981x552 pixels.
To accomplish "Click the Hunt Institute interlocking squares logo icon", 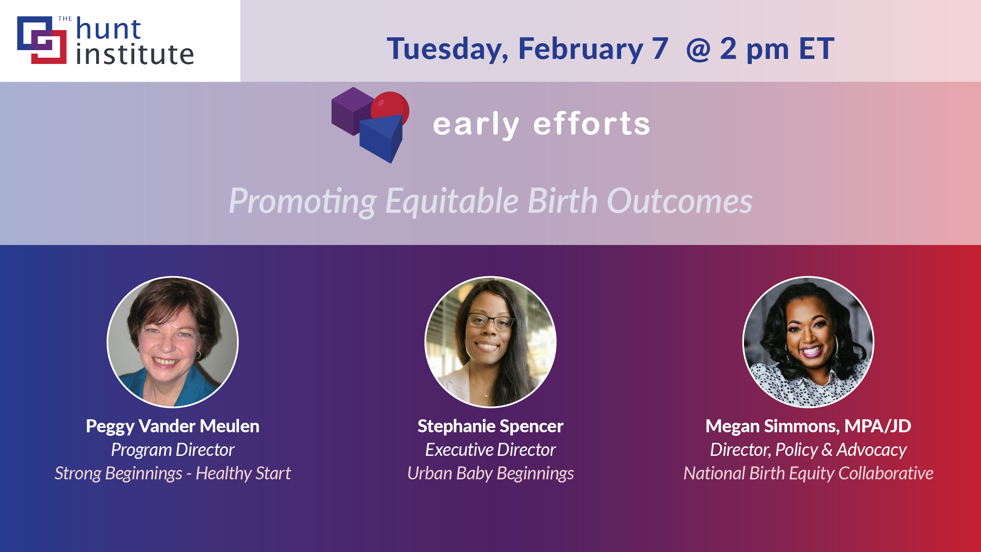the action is [x=42, y=40].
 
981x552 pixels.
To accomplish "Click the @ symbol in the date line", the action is [x=698, y=49].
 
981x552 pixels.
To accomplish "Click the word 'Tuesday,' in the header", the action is [x=448, y=49].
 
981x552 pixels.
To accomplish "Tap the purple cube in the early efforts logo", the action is [x=352, y=111].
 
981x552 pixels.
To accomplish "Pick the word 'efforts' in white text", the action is [x=591, y=124].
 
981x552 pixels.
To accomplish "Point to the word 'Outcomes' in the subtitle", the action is [x=679, y=201].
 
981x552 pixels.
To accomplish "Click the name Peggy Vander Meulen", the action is [x=173, y=426].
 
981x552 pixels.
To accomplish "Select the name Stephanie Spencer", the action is [x=491, y=426].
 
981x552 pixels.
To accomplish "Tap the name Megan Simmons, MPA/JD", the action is [x=808, y=426].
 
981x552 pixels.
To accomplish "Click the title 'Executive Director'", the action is [x=491, y=450].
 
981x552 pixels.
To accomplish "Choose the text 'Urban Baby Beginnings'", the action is [x=491, y=473].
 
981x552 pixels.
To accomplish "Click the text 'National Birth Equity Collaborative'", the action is [x=808, y=473].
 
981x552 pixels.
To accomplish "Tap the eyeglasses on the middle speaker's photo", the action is [x=491, y=322].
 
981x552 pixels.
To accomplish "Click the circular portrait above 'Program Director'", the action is [x=173, y=342].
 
